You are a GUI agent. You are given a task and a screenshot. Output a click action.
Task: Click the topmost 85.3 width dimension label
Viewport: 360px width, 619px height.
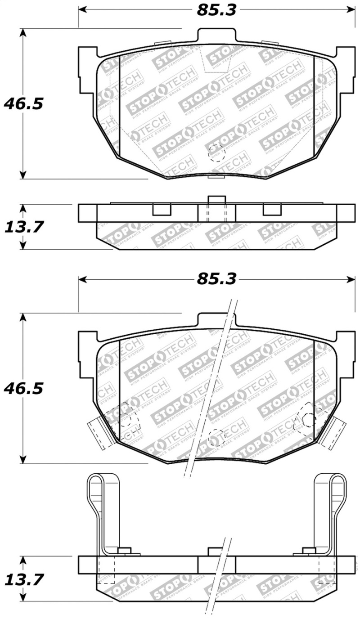click(x=216, y=10)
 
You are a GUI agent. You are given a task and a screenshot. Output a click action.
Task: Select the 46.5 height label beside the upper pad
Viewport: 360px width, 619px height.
click(x=23, y=104)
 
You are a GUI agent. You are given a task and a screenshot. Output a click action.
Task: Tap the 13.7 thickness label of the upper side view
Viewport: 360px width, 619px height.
click(x=23, y=227)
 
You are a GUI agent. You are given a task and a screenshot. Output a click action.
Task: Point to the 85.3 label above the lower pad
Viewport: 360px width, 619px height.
click(x=216, y=279)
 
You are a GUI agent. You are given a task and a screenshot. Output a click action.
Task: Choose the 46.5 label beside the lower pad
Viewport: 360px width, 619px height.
click(x=23, y=388)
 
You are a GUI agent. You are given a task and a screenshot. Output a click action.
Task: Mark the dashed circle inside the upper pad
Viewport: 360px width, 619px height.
click(x=216, y=154)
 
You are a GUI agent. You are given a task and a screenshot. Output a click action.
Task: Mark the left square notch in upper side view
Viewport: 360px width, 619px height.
click(x=162, y=210)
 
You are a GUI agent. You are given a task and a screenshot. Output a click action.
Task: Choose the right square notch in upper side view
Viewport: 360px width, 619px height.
click(x=272, y=210)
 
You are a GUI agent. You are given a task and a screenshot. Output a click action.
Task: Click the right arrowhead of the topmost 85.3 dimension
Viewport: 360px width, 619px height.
click(x=351, y=10)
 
